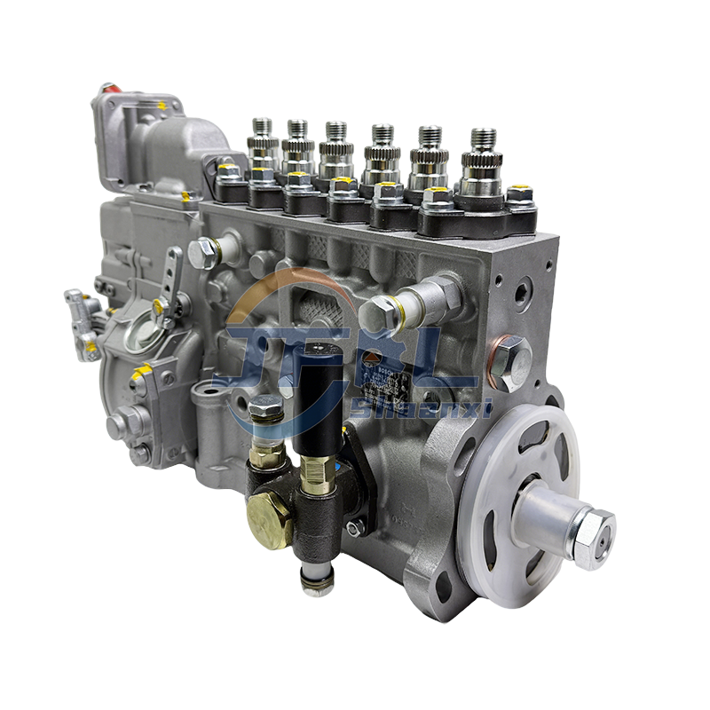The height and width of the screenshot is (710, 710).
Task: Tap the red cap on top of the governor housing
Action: (107, 89)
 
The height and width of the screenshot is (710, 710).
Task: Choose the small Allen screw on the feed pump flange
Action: (354, 527)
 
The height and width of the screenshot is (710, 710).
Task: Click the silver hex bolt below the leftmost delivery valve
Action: (203, 254)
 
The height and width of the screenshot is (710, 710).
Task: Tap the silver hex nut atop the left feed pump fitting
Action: (265, 408)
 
